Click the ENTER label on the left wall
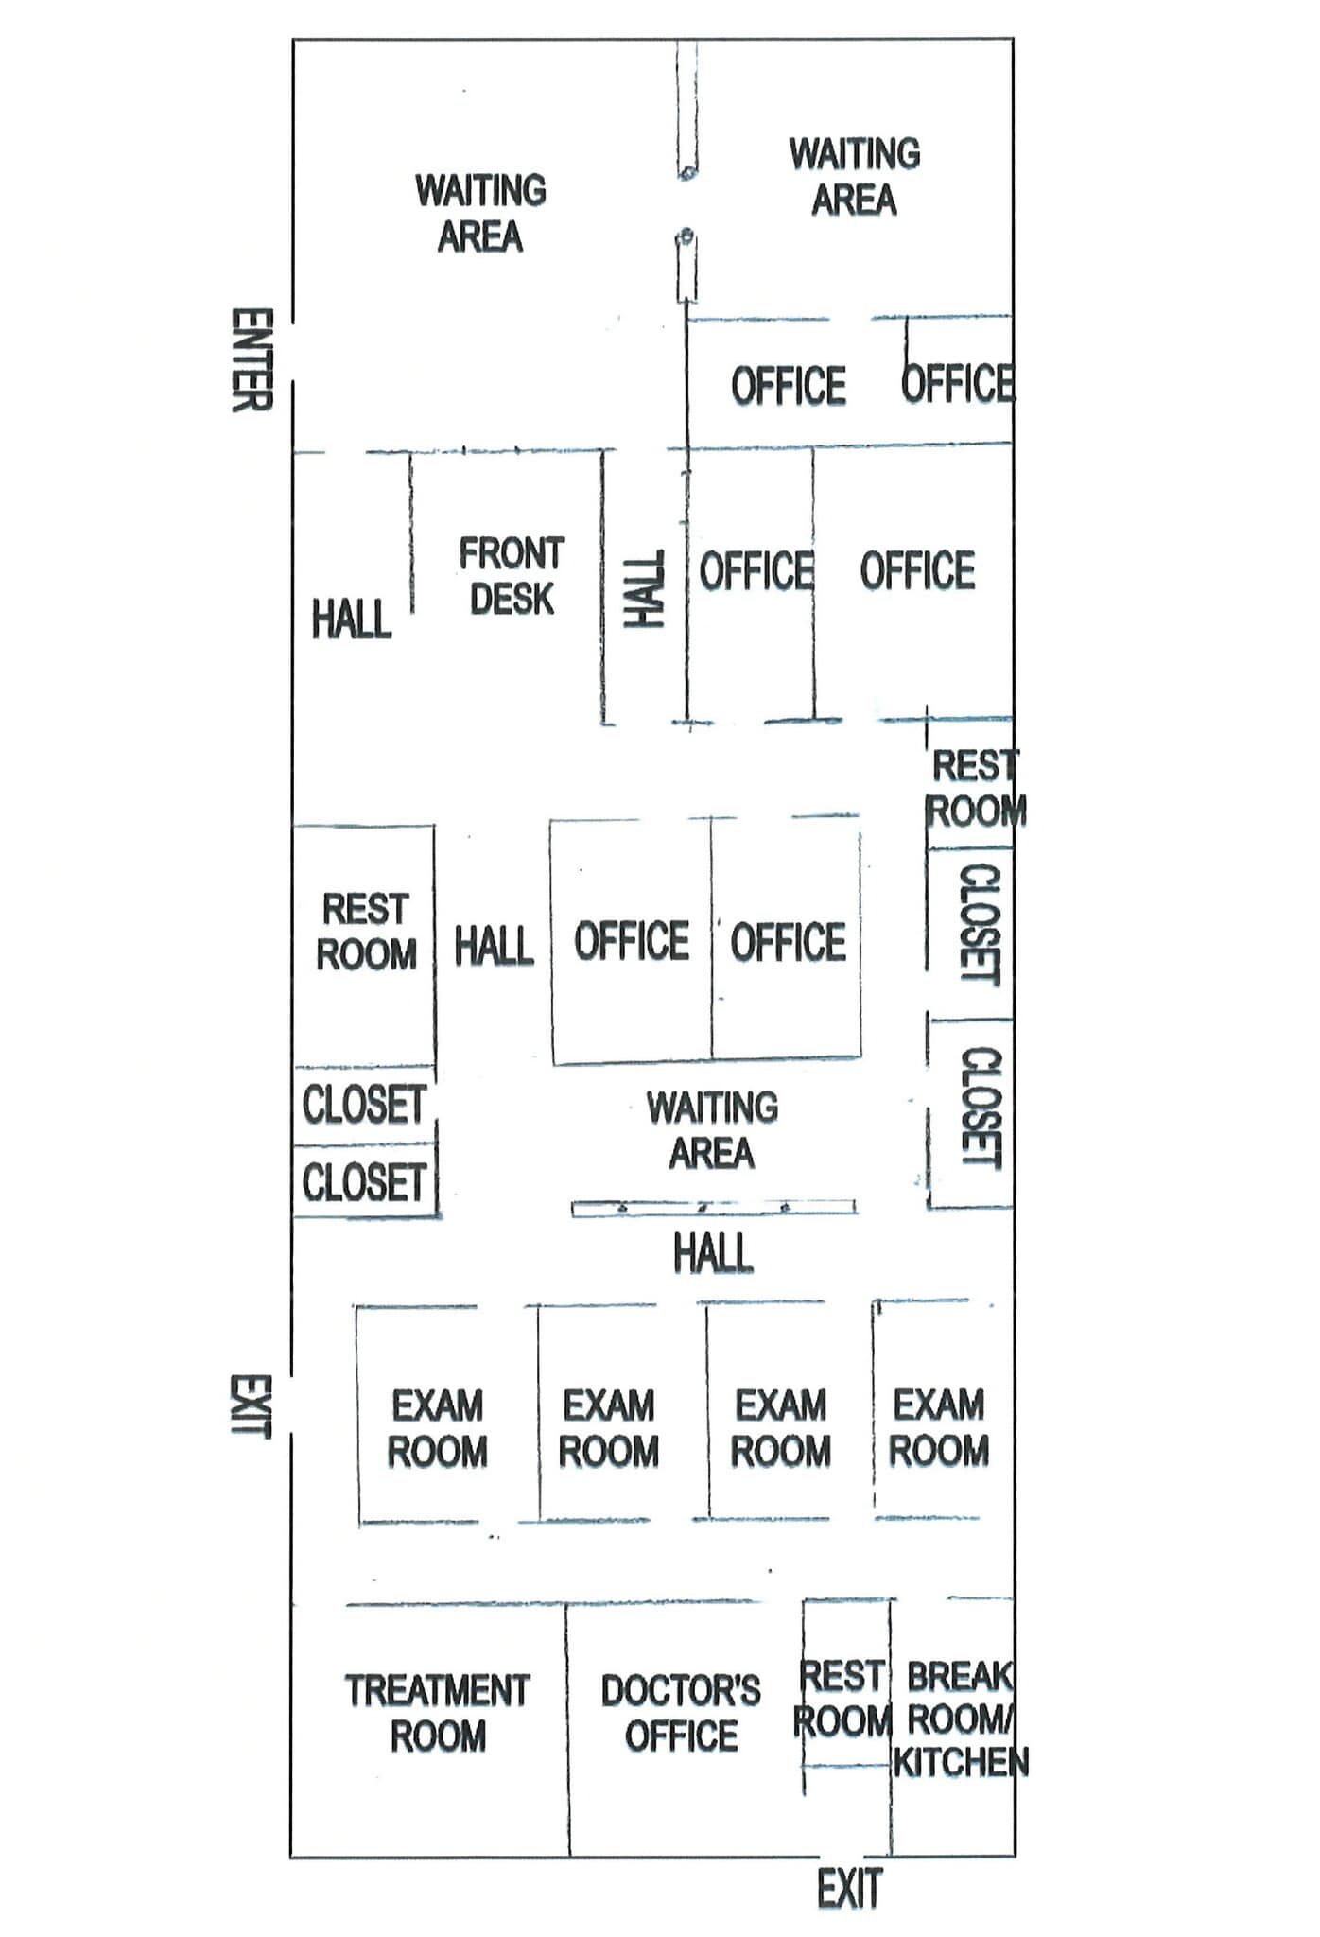pos(252,360)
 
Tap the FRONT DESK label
pos(512,576)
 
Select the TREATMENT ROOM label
pos(437,1713)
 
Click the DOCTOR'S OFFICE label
pos(681,1713)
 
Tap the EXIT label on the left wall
pos(252,1406)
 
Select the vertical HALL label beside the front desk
pos(645,590)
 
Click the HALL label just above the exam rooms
pos(713,1254)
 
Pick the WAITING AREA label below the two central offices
pos(712,1130)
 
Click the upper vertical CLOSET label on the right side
pos(980,924)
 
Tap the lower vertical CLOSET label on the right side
pos(981,1108)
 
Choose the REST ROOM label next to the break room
pos(843,1699)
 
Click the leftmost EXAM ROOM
pos(437,1428)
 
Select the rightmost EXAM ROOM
pos(938,1427)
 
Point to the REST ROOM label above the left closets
pos(366,932)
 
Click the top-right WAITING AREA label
pos(854,177)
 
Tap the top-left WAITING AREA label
pos(480,214)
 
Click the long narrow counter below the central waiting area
pos(714,1208)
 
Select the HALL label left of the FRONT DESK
pos(352,619)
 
